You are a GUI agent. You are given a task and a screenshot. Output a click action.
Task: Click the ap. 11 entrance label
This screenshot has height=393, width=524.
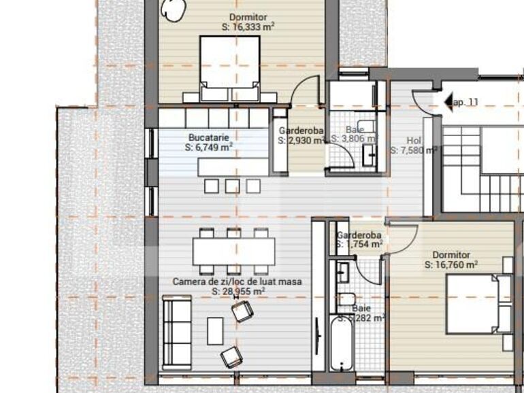466,102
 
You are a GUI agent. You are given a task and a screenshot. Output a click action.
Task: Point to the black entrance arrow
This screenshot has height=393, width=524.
448,102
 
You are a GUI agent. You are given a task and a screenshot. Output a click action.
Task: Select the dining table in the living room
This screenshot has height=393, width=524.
233,251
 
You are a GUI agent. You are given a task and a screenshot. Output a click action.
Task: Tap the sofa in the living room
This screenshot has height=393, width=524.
177,332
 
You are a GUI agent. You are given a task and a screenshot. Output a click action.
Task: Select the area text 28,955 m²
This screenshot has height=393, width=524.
238,291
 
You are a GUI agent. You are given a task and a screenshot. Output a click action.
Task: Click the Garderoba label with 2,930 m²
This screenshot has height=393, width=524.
301,131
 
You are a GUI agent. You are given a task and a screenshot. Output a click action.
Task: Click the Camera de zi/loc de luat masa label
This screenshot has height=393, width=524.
237,281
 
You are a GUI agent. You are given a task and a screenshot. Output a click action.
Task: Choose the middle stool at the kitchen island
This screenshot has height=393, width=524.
233,185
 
